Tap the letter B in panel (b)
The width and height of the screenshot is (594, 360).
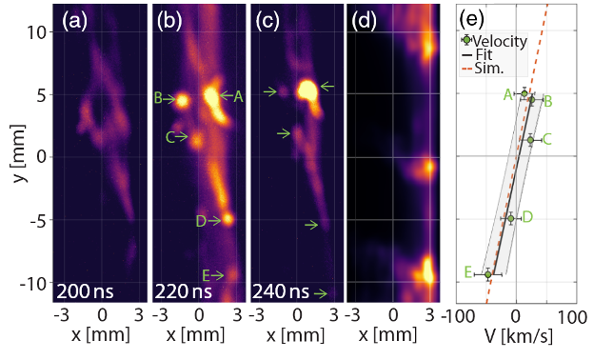click(x=158, y=97)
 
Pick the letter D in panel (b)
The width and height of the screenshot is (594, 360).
click(x=201, y=221)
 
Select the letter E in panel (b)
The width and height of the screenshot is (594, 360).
click(x=206, y=275)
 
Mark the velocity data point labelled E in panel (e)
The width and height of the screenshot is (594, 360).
click(x=488, y=274)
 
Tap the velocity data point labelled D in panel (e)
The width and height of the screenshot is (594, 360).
click(x=511, y=218)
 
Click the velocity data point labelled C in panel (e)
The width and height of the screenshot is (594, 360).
click(x=531, y=140)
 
